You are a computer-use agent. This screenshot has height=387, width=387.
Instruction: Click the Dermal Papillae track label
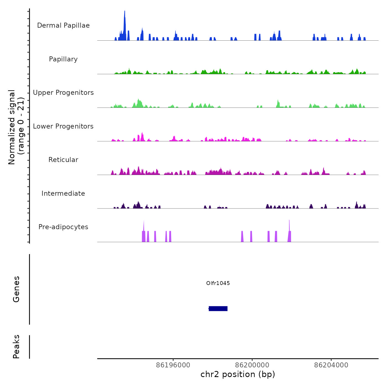pos(63,25)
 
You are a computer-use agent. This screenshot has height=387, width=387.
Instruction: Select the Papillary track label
pos(63,59)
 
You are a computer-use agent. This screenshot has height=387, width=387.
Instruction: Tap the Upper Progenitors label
pos(63,93)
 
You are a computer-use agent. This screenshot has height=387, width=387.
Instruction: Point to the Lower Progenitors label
pos(63,126)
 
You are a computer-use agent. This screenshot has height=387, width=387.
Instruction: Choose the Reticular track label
pos(63,160)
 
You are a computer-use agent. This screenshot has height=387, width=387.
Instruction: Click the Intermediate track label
pos(63,193)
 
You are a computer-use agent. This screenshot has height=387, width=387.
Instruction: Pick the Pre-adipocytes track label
pos(63,227)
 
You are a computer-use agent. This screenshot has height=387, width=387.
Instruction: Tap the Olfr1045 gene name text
pos(218,283)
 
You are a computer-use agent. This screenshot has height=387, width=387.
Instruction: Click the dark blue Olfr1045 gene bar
pos(218,308)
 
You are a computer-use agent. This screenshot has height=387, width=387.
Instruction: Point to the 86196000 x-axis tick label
pos(173,365)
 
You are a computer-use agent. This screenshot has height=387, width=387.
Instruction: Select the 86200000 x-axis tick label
pos(252,365)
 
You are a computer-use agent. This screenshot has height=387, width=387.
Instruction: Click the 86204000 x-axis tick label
pos(331,365)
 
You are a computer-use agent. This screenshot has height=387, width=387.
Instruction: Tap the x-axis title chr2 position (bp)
pos(238,374)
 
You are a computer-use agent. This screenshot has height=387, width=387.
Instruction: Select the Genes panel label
pos(16,289)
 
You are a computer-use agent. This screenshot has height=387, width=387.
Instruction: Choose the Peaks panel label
pos(16,347)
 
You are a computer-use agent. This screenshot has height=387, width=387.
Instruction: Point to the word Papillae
pos(77,25)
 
